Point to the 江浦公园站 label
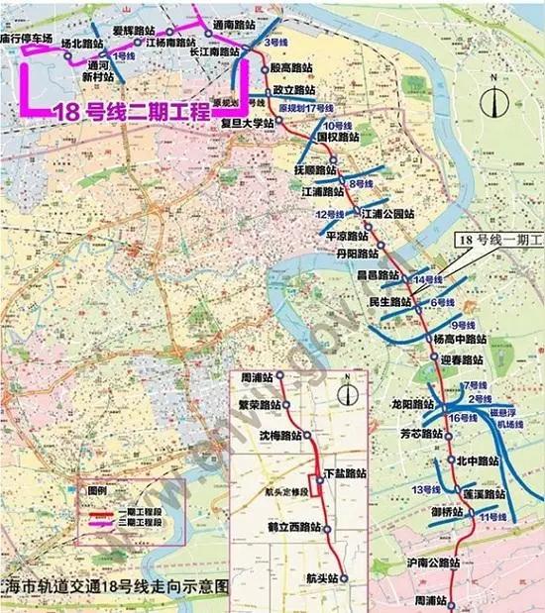pyautogui.click(x=385, y=213)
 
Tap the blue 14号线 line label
pyautogui.click(x=427, y=281)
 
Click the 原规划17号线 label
pyautogui.click(x=306, y=107)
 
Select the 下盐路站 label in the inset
pyautogui.click(x=345, y=474)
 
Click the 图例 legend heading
pyautogui.click(x=97, y=491)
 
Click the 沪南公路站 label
pyautogui.click(x=434, y=562)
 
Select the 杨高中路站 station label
pyautogui.click(x=459, y=339)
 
